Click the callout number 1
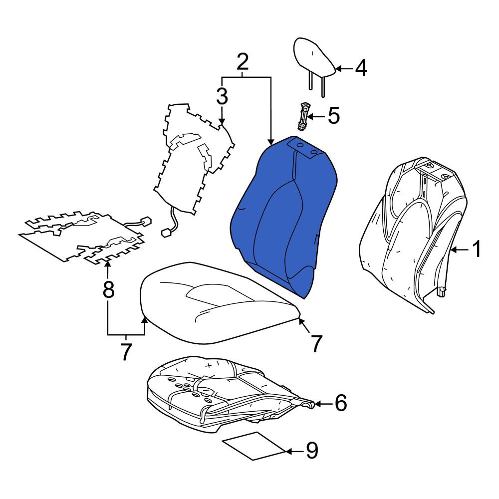477,249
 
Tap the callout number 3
222,96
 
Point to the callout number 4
361,68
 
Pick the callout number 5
333,116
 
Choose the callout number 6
340,403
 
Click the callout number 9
312,451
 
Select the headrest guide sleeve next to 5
303,116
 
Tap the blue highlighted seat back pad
283,217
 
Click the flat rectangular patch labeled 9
254,446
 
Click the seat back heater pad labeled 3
194,159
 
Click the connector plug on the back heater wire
167,233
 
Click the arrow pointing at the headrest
344,68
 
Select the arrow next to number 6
323,404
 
